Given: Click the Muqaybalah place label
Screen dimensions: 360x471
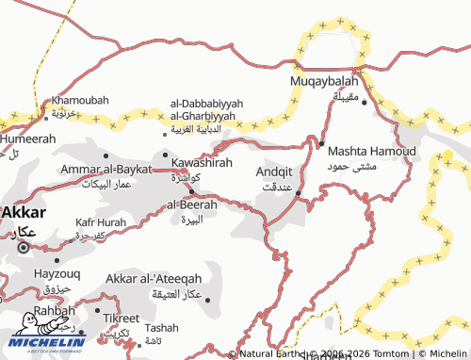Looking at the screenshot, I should click(323, 81).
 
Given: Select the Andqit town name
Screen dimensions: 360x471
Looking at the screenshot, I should click(280, 172).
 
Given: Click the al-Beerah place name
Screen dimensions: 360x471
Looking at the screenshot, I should click(192, 205).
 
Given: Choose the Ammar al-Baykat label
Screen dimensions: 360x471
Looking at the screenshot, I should click(106, 169).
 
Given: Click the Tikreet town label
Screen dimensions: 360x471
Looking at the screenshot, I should click(122, 318).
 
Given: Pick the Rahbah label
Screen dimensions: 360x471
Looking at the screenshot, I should click(54, 309).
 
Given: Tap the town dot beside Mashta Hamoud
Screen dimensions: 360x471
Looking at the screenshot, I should click(320, 144).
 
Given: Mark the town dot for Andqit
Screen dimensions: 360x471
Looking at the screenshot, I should click(299, 194).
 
